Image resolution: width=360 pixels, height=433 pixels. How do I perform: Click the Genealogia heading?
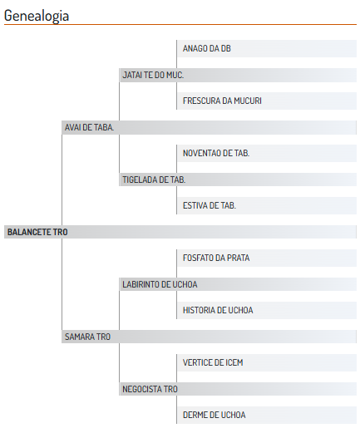(x=37, y=16)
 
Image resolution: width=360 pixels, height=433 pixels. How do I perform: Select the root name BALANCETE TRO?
(x=37, y=232)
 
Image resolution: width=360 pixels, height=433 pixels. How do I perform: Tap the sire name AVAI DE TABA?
(x=89, y=127)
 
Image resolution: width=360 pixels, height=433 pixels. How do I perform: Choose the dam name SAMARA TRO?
(x=87, y=337)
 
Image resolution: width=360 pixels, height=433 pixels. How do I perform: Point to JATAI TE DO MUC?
(x=153, y=75)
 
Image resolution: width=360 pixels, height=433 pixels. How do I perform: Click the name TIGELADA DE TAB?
(x=154, y=180)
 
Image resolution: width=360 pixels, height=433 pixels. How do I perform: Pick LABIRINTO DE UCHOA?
(x=160, y=284)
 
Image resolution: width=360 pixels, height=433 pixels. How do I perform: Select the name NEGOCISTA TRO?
(x=150, y=389)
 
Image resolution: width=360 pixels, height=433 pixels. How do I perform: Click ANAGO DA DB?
(x=207, y=48)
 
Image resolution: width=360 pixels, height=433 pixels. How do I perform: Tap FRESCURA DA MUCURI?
(x=222, y=101)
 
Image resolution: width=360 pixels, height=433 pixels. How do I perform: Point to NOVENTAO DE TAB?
(x=216, y=153)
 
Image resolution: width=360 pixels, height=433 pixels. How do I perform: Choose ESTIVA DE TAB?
(x=210, y=205)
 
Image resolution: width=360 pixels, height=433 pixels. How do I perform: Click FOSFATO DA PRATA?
(x=216, y=258)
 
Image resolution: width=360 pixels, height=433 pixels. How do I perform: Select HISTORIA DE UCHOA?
(x=218, y=310)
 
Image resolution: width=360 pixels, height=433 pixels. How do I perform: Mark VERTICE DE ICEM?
(x=213, y=362)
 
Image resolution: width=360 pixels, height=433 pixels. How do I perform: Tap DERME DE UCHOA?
(x=215, y=415)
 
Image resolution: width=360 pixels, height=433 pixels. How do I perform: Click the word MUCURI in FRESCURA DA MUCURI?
(x=248, y=101)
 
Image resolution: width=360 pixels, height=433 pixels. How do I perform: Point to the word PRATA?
(x=239, y=258)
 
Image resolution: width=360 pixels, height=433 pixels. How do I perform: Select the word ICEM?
(x=234, y=362)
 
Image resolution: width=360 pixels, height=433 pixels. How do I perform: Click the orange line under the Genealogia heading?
(x=180, y=25)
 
